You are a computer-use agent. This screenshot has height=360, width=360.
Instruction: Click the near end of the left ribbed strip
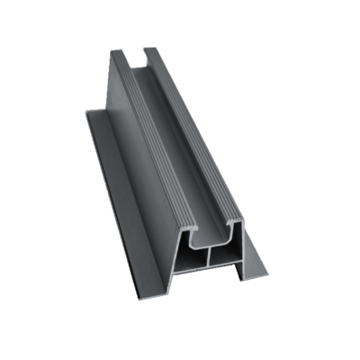[185, 227]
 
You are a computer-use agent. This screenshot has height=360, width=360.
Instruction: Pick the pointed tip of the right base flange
[267, 273]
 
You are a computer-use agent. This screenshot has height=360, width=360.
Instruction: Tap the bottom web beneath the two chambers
[209, 269]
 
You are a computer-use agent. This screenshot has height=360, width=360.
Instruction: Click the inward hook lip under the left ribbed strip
[191, 238]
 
